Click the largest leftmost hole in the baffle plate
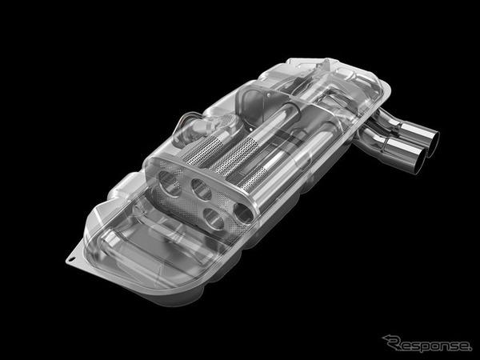click(170, 183)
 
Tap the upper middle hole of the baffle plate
click(201, 189)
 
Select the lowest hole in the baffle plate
click(214, 218)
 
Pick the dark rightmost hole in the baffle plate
click(244, 213)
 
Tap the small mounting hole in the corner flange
click(71, 258)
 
